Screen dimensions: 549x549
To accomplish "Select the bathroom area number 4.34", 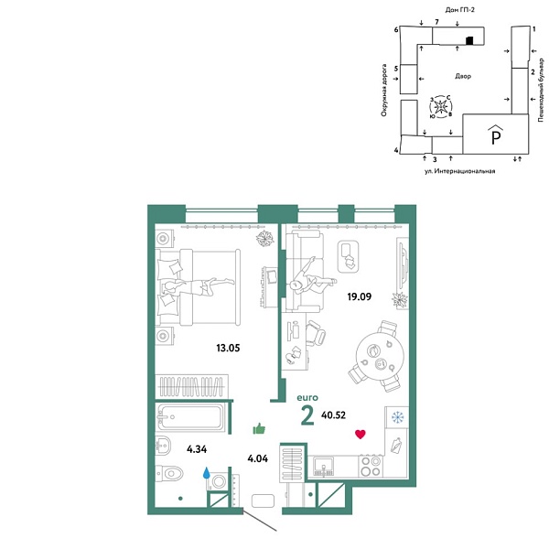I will pyautogui.click(x=197, y=449).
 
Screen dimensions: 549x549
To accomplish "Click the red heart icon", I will pyautogui.click(x=361, y=434).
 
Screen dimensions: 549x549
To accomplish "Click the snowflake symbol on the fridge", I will pyautogui.click(x=397, y=417).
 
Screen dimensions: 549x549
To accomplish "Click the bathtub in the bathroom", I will pyautogui.click(x=191, y=420).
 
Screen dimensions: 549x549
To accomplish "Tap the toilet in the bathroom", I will pyautogui.click(x=169, y=473).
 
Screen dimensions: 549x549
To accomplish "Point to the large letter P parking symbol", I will pyautogui.click(x=495, y=137).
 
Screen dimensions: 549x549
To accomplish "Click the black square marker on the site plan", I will pyautogui.click(x=468, y=40).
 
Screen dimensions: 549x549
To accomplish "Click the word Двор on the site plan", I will pyautogui.click(x=462, y=77).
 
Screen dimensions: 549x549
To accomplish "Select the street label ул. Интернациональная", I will pyautogui.click(x=459, y=171).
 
